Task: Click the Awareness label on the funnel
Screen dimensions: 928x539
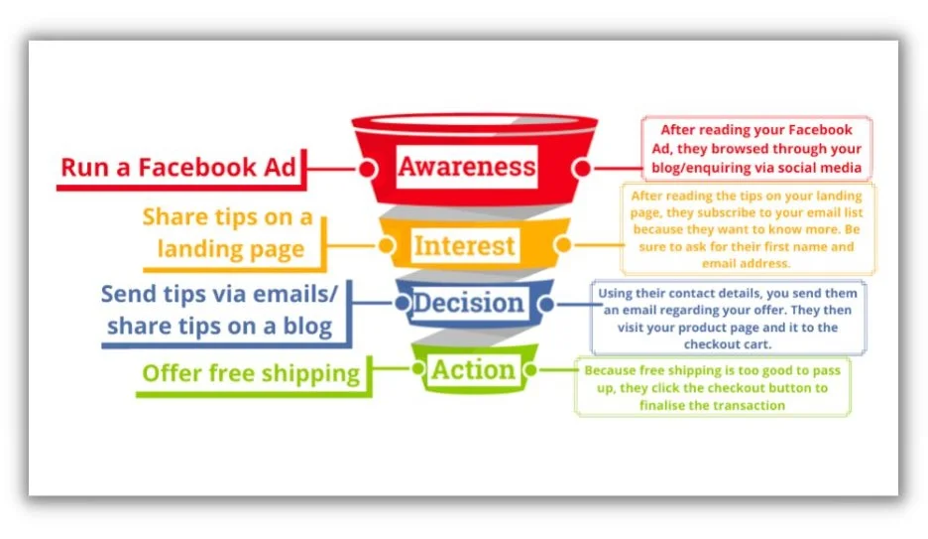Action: coord(466,167)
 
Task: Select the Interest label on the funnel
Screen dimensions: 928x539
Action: coord(464,246)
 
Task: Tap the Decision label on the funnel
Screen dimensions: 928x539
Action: coord(468,303)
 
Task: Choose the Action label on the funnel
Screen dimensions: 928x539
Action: coord(473,370)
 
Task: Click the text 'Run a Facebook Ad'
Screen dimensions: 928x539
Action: coord(178,168)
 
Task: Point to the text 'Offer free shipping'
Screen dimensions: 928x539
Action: coord(251,374)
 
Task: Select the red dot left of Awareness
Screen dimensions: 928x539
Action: coord(368,169)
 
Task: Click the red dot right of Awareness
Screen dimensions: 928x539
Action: coord(582,168)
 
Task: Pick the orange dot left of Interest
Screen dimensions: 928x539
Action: coord(387,244)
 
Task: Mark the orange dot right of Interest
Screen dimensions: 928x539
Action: coord(563,244)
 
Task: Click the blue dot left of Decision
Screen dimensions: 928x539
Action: coord(403,304)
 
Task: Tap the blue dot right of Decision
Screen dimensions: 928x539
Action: coord(546,305)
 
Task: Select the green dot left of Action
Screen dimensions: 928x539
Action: coord(417,369)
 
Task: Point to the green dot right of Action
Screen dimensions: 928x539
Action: coord(530,370)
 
